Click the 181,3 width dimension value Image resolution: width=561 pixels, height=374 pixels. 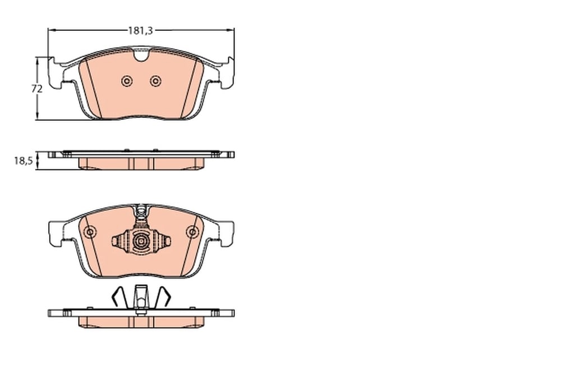(141, 31)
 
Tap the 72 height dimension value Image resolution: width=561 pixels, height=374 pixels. (37, 89)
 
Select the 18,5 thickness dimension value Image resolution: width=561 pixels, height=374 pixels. (24, 161)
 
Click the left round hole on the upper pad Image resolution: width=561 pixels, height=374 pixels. (126, 81)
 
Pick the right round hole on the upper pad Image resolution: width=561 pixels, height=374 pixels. (155, 81)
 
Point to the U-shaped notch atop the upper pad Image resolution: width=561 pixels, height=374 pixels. (141, 55)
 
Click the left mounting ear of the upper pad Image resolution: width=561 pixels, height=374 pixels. (56, 74)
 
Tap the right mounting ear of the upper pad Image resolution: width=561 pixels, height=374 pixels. (227, 74)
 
